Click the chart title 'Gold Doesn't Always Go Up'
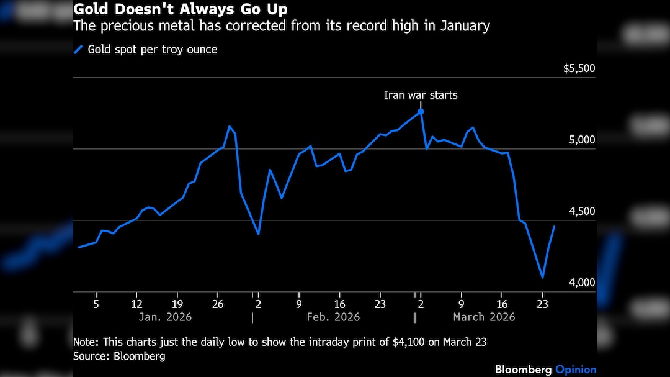tap(181, 9)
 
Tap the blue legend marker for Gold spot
tap(78, 50)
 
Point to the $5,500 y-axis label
tap(579, 68)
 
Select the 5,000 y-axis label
tap(583, 140)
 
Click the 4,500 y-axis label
tap(583, 211)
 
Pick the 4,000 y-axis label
tap(583, 283)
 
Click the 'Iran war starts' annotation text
tap(421, 95)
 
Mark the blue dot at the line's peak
tap(421, 112)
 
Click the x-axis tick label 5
tap(96, 304)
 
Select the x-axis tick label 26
tap(217, 304)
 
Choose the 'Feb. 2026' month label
tap(334, 317)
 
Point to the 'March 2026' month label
tap(484, 317)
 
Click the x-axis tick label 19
tap(177, 304)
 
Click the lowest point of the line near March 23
tap(543, 278)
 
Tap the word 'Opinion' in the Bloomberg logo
tap(576, 370)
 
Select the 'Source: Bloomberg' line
tap(119, 357)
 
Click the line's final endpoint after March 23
tap(554, 227)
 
